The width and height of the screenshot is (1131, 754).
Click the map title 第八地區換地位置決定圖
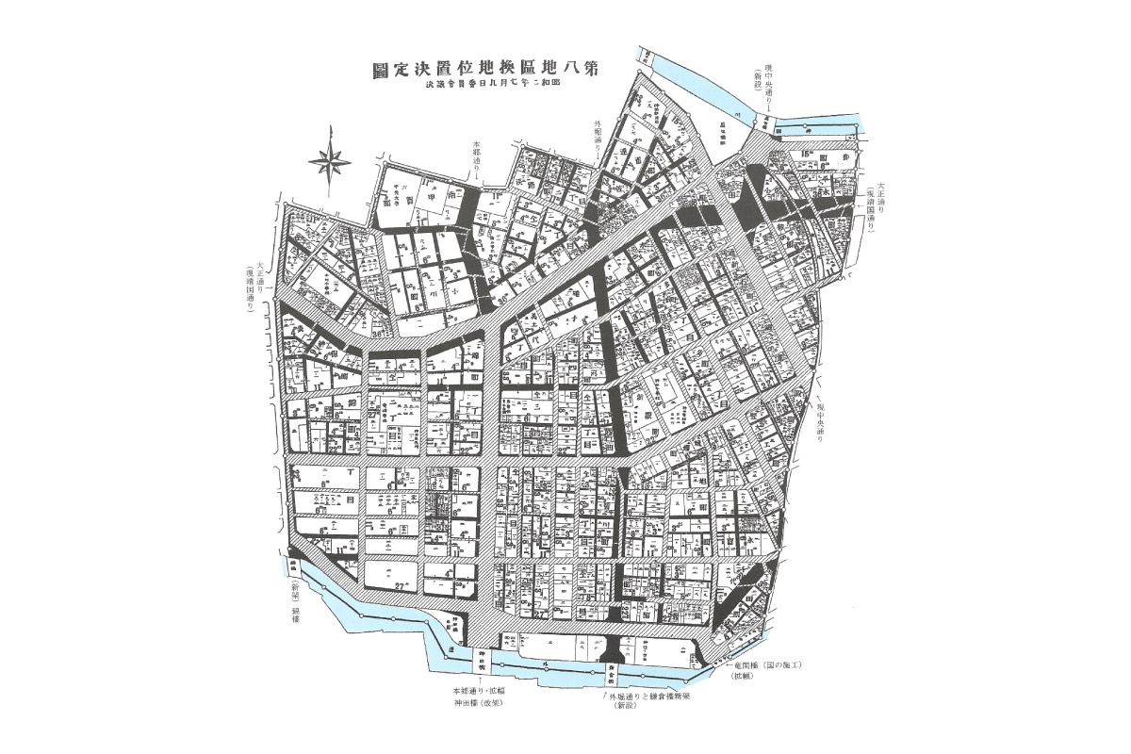tap(486, 70)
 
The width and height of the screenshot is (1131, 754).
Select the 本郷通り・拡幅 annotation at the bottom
tap(480, 692)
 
